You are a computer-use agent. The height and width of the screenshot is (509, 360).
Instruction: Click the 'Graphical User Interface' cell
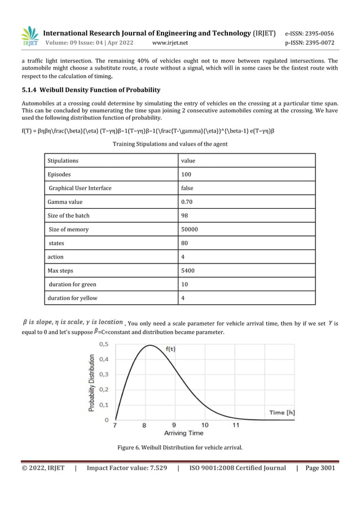click(80, 188)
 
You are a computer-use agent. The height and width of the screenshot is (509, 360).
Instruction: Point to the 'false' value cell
click(187, 188)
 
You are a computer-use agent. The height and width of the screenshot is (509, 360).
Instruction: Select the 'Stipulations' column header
click(63, 161)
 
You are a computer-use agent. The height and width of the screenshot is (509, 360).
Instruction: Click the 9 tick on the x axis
click(174, 425)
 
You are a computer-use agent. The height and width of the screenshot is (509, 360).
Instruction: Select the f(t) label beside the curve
click(170, 349)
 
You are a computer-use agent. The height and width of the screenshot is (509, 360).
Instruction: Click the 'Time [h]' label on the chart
click(281, 413)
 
